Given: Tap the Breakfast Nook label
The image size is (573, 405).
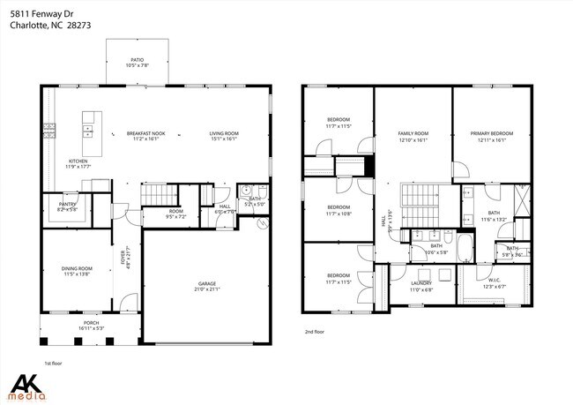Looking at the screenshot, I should click(x=145, y=133).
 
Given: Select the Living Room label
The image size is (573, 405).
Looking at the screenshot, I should click(x=224, y=133).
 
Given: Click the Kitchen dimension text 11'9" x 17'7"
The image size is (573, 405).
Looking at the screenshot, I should click(x=78, y=167).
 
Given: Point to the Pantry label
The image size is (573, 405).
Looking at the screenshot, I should click(x=67, y=204).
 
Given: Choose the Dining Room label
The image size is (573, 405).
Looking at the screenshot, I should click(x=78, y=268).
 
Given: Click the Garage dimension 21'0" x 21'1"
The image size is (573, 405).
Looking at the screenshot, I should click(x=206, y=289).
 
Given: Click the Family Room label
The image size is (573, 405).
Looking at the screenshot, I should click(x=413, y=133).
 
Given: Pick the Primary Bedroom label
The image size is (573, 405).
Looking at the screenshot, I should click(x=492, y=133).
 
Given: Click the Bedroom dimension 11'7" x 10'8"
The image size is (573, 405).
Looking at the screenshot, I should click(x=339, y=214).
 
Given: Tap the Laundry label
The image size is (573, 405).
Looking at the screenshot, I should click(x=420, y=283).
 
